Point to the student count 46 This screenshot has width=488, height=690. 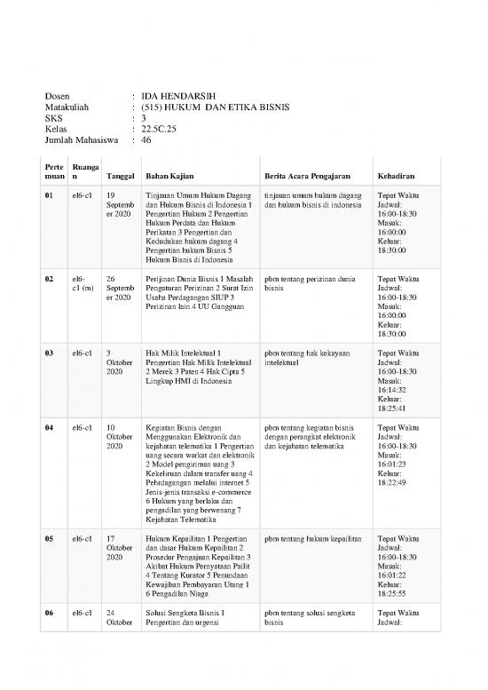click(x=146, y=139)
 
